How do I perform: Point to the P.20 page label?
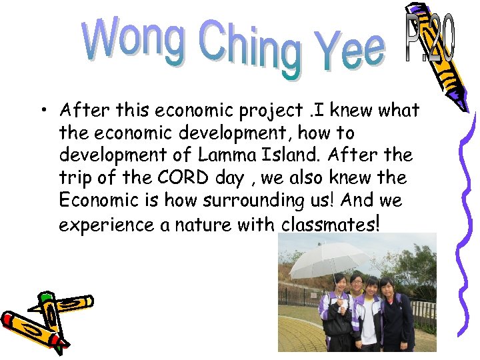click(429, 40)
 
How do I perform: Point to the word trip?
click(75, 179)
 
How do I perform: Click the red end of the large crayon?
click(13, 321)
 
